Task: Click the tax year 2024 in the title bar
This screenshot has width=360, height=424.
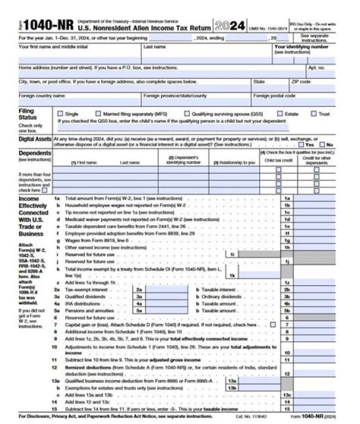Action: (x=230, y=26)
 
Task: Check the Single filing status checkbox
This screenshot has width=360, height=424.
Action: (x=60, y=114)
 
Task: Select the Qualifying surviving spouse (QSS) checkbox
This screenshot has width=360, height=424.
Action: (x=187, y=114)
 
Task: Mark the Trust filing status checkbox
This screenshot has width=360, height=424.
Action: (x=314, y=114)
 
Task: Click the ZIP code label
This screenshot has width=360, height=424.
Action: (x=301, y=81)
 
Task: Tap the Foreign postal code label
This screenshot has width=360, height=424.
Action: (x=274, y=95)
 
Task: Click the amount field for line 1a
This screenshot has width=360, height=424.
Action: (x=314, y=198)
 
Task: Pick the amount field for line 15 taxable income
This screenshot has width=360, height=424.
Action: (x=314, y=409)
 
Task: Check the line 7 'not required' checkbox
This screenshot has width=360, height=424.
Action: (x=272, y=324)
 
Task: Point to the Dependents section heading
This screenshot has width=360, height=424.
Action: (x=34, y=153)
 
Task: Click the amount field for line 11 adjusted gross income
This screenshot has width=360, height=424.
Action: (x=314, y=360)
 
